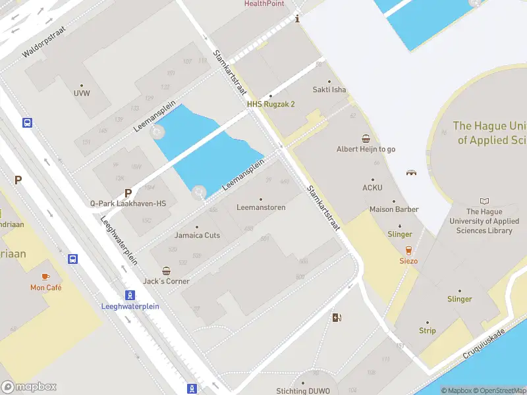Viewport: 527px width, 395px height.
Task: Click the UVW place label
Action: pyautogui.click(x=82, y=93)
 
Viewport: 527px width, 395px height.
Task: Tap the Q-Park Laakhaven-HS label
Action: pyautogui.click(x=128, y=203)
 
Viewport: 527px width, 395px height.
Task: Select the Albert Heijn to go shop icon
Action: pyautogui.click(x=366, y=139)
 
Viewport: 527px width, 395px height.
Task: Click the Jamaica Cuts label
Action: pyautogui.click(x=197, y=235)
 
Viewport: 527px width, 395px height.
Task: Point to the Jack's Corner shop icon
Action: pyautogui.click(x=166, y=271)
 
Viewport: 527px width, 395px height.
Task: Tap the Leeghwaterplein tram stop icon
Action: pyautogui.click(x=130, y=295)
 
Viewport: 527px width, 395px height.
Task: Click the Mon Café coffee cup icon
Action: pyautogui.click(x=45, y=276)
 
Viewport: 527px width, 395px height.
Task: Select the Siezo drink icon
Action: pyautogui.click(x=408, y=250)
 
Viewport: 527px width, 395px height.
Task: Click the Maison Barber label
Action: pyautogui.click(x=394, y=209)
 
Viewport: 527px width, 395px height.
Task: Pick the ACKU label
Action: pyautogui.click(x=372, y=188)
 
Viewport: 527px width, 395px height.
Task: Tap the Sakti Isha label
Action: pyautogui.click(x=329, y=90)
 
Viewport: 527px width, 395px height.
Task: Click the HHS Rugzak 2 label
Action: pyautogui.click(x=271, y=104)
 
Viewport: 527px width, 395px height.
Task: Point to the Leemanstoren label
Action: pyautogui.click(x=261, y=207)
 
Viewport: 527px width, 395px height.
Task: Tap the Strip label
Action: pyautogui.click(x=427, y=330)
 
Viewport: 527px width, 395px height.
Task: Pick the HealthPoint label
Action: pyautogui.click(x=264, y=3)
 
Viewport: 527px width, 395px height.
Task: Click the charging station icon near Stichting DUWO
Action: pyautogui.click(x=337, y=318)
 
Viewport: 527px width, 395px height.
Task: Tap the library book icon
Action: pyautogui.click(x=485, y=201)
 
